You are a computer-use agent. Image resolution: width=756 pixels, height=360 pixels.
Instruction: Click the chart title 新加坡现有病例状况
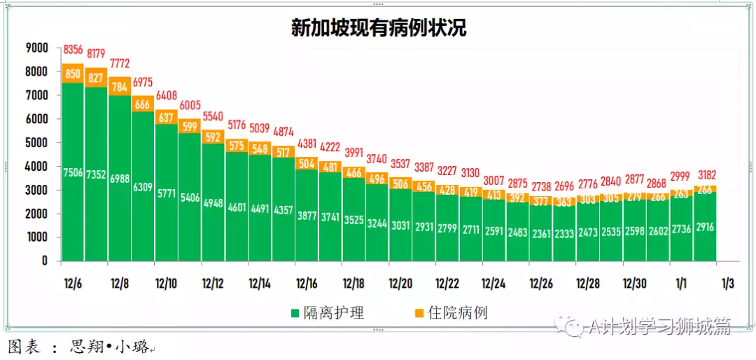point(379,28)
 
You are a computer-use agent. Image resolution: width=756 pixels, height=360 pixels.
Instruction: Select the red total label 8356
point(73,50)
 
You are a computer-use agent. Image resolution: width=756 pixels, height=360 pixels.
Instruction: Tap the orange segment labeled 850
point(73,74)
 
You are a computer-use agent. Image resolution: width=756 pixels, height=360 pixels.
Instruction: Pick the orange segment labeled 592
point(213,137)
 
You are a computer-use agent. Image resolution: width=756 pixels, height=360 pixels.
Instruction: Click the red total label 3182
point(704,175)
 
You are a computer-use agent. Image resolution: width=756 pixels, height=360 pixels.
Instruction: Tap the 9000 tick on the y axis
point(36,48)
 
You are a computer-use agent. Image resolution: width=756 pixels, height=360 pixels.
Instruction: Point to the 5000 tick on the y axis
point(36,142)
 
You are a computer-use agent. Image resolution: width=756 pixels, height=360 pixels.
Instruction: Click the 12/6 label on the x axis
point(72,284)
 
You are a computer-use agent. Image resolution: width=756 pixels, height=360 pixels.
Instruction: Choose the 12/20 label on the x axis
point(400,284)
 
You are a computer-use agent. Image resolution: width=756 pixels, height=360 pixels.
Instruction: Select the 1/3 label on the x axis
point(727,284)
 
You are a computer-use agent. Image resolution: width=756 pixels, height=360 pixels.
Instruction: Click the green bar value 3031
point(400,226)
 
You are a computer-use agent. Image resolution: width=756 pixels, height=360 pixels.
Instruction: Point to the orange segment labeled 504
point(307,163)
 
